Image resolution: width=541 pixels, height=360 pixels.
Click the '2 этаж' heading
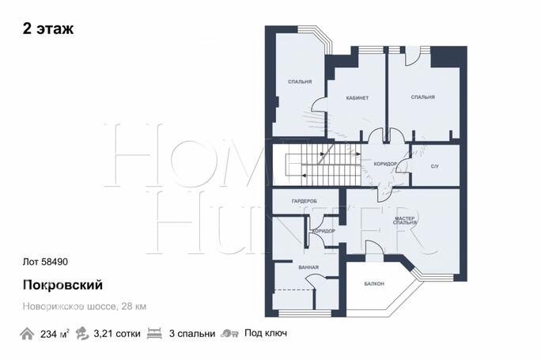pos(48,28)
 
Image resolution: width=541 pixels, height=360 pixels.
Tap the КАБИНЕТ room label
pos(358,98)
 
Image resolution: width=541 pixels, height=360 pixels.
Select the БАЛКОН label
pos(374,284)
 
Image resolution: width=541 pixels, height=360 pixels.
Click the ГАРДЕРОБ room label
pos(305,201)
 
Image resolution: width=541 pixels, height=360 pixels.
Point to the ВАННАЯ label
pos(308,267)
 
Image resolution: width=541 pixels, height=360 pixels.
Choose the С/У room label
pos(435,166)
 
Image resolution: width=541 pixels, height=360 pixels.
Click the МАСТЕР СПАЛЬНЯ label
pos(405,221)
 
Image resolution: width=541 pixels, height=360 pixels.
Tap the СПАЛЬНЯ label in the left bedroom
pos(300,81)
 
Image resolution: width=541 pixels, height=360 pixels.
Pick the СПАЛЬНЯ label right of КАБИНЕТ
pos(423,97)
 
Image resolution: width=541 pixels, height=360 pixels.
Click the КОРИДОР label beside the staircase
pos(385,164)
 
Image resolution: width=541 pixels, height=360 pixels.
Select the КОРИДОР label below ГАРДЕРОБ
pos(323,231)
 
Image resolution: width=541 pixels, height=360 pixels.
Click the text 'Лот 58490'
pos(45,262)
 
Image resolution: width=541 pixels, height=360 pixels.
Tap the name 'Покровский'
pos(62,285)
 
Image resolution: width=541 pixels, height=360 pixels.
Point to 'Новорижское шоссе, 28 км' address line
pos(85,306)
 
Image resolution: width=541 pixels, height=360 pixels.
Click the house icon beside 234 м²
pos(27,334)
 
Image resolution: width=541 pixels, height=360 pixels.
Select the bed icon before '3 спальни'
pos(154,333)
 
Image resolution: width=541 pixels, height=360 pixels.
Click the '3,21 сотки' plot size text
pos(117,334)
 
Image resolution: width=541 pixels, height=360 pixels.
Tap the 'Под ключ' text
pos(266,333)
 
